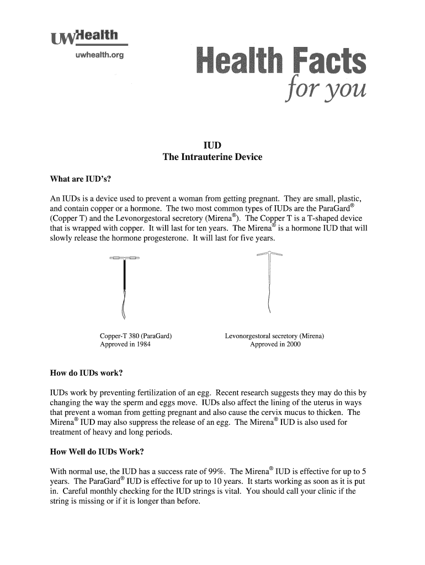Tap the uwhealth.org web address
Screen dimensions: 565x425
click(x=95, y=56)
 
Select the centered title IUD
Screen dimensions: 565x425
click(x=212, y=145)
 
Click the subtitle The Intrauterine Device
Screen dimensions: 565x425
click(x=212, y=157)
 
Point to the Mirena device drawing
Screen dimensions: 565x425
click(x=269, y=281)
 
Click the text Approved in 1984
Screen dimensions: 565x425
click(x=125, y=344)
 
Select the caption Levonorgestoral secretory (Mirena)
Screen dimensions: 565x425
click(x=274, y=336)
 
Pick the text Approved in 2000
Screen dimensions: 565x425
click(x=275, y=344)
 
